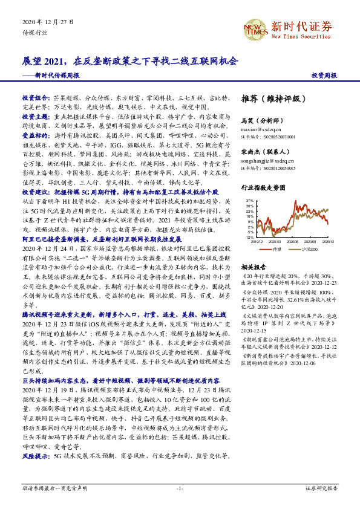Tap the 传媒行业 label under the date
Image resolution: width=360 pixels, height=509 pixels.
34,33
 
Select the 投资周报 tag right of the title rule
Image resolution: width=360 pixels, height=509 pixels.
324,76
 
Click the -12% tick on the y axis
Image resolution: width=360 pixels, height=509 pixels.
249,237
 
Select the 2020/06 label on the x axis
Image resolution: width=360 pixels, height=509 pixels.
292,241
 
